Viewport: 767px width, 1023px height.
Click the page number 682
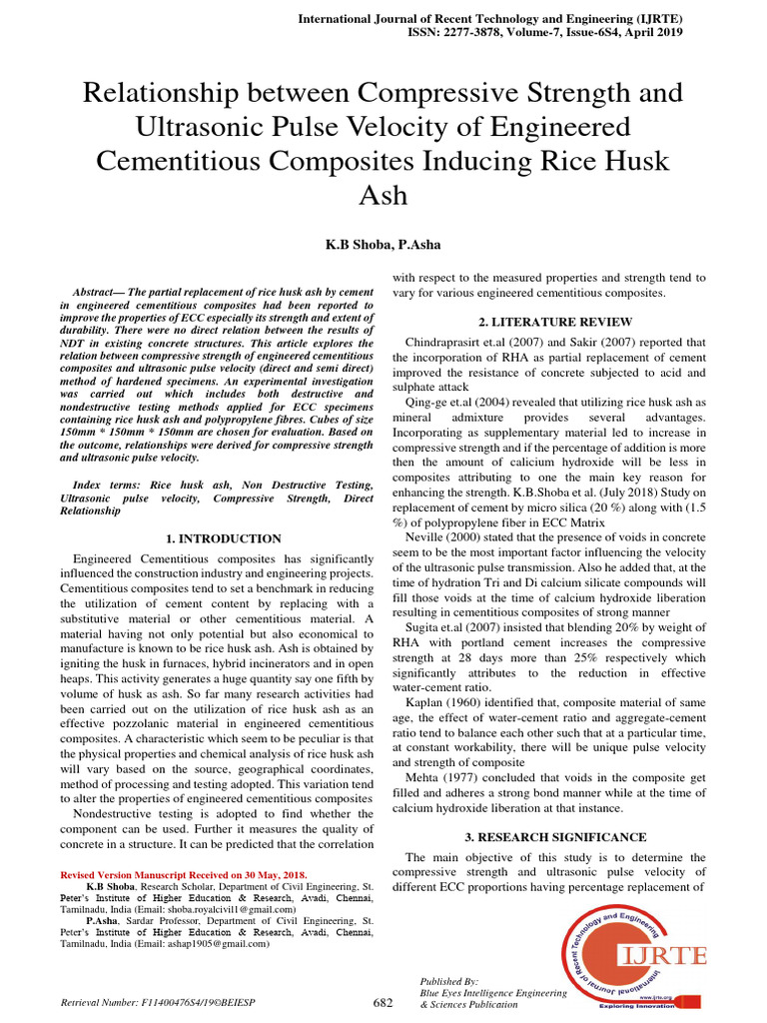point(383,1002)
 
